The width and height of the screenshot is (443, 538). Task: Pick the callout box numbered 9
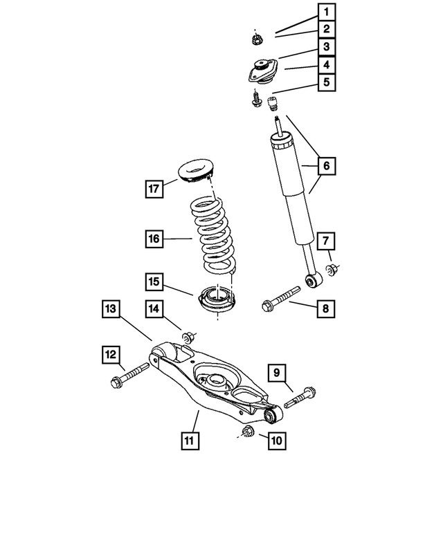click(x=275, y=373)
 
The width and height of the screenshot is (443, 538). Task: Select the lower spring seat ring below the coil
click(x=217, y=301)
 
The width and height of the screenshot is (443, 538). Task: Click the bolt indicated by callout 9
click(x=300, y=398)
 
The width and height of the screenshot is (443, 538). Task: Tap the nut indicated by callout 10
click(x=246, y=433)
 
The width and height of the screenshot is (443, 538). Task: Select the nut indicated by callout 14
click(x=188, y=337)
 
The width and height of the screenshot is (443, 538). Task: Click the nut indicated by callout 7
click(x=332, y=268)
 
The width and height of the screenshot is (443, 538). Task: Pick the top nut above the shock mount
click(x=257, y=37)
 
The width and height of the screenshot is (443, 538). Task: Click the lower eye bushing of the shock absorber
click(x=313, y=280)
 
